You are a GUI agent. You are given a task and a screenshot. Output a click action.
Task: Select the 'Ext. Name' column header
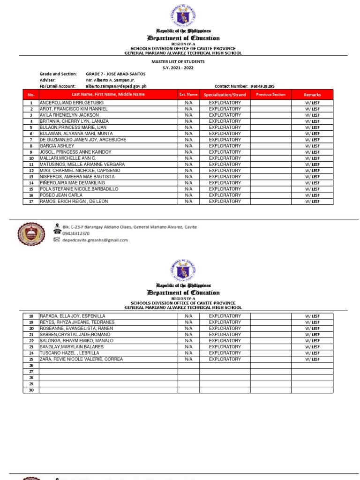point(188,95)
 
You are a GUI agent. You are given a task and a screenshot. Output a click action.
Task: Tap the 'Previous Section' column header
point(270,95)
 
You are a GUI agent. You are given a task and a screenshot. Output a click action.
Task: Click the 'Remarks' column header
point(312,95)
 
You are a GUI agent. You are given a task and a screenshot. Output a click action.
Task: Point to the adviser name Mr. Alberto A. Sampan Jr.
point(110,80)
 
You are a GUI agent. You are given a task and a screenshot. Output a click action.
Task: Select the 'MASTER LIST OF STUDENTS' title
point(178,61)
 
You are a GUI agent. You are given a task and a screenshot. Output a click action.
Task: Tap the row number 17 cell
point(31,202)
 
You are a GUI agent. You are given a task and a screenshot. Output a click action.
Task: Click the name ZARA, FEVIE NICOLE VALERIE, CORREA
point(82,359)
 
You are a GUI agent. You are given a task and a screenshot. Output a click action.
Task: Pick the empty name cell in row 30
point(108,390)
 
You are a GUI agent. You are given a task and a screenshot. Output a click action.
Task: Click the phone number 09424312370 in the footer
point(76,233)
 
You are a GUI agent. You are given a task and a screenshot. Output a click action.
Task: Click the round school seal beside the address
point(32,234)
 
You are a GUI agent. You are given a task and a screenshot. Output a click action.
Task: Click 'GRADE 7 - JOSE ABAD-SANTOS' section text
point(116,74)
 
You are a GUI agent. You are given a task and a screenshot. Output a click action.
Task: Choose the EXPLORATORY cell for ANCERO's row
point(225,103)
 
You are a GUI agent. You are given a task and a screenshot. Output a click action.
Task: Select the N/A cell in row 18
point(188,316)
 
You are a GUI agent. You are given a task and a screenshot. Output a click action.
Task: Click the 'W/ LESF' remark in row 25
point(312,359)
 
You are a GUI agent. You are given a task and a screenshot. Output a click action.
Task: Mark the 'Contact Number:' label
point(231,86)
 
